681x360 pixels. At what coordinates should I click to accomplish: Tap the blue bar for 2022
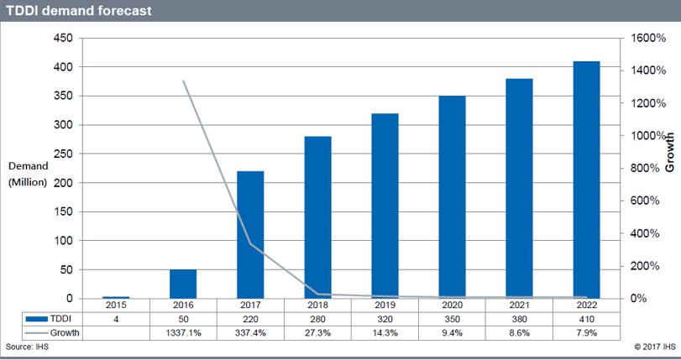586,180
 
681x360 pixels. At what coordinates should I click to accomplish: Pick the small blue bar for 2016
183,284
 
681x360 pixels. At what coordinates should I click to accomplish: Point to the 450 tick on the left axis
62,38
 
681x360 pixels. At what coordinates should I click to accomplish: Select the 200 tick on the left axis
62,183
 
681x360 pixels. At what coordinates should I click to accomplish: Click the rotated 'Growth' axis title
670,152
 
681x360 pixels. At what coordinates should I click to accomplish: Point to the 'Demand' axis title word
28,167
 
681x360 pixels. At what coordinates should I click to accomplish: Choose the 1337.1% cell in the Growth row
183,333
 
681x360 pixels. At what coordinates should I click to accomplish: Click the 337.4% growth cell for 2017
250,333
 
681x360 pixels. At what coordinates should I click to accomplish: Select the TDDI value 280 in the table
317,320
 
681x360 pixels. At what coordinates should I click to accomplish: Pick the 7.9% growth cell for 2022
586,333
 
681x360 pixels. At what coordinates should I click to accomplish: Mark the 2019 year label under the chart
385,306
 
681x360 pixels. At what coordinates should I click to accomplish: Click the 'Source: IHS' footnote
26,347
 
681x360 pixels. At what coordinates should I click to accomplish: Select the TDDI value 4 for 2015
116,320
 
